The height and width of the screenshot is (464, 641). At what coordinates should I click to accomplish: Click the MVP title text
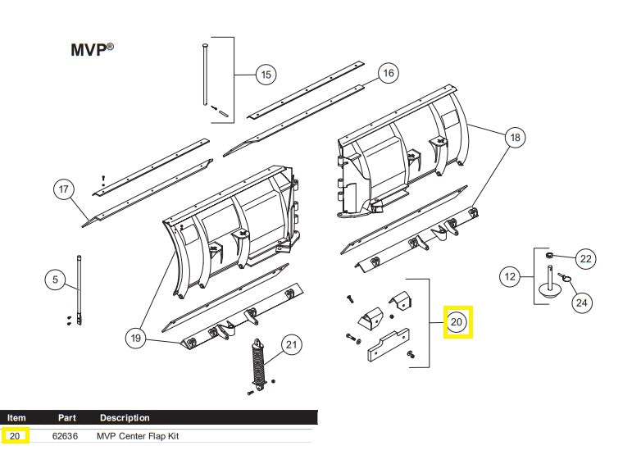[90, 49]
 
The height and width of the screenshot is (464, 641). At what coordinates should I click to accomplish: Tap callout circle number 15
[266, 75]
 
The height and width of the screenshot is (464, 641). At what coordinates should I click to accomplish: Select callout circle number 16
[388, 74]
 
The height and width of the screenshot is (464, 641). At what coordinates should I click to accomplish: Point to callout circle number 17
[65, 190]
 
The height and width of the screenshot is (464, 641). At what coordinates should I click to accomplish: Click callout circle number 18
[514, 138]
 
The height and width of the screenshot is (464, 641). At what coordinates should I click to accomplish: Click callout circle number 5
[55, 280]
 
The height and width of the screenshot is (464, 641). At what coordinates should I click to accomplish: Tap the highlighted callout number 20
[457, 323]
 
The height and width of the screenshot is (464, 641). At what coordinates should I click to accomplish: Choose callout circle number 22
[585, 259]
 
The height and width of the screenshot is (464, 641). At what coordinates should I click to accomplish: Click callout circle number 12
[511, 277]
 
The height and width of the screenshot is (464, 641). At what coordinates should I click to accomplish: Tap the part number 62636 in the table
[66, 436]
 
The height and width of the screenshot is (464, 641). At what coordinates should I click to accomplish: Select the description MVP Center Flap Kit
[137, 436]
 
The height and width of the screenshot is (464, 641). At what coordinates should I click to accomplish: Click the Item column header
[17, 418]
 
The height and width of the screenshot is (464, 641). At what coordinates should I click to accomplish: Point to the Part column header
[66, 418]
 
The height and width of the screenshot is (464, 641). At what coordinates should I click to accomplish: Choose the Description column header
[125, 418]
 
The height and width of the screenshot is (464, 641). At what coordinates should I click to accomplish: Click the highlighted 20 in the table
[16, 436]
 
